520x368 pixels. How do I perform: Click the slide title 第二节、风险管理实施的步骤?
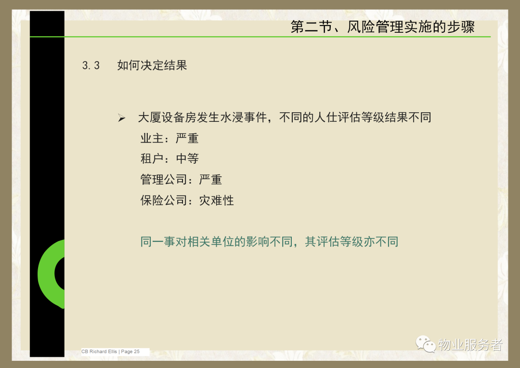382,26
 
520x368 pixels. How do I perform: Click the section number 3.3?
91,66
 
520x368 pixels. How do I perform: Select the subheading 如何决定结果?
152,65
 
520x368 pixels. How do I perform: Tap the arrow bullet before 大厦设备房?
121,118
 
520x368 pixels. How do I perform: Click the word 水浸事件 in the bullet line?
244,117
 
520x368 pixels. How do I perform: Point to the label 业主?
152,138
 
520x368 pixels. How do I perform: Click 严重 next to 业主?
187,138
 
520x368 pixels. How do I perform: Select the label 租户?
152,158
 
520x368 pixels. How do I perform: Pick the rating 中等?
187,158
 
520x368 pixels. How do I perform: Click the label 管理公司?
164,180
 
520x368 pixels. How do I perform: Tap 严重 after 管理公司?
210,180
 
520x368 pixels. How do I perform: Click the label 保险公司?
164,200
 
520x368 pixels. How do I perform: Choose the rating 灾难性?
216,200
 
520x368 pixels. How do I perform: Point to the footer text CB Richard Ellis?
99,352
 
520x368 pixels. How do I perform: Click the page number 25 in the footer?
137,352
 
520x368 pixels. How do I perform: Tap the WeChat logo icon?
426,344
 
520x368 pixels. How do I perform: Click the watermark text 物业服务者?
470,345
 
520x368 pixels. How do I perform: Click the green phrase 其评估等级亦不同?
351,242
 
